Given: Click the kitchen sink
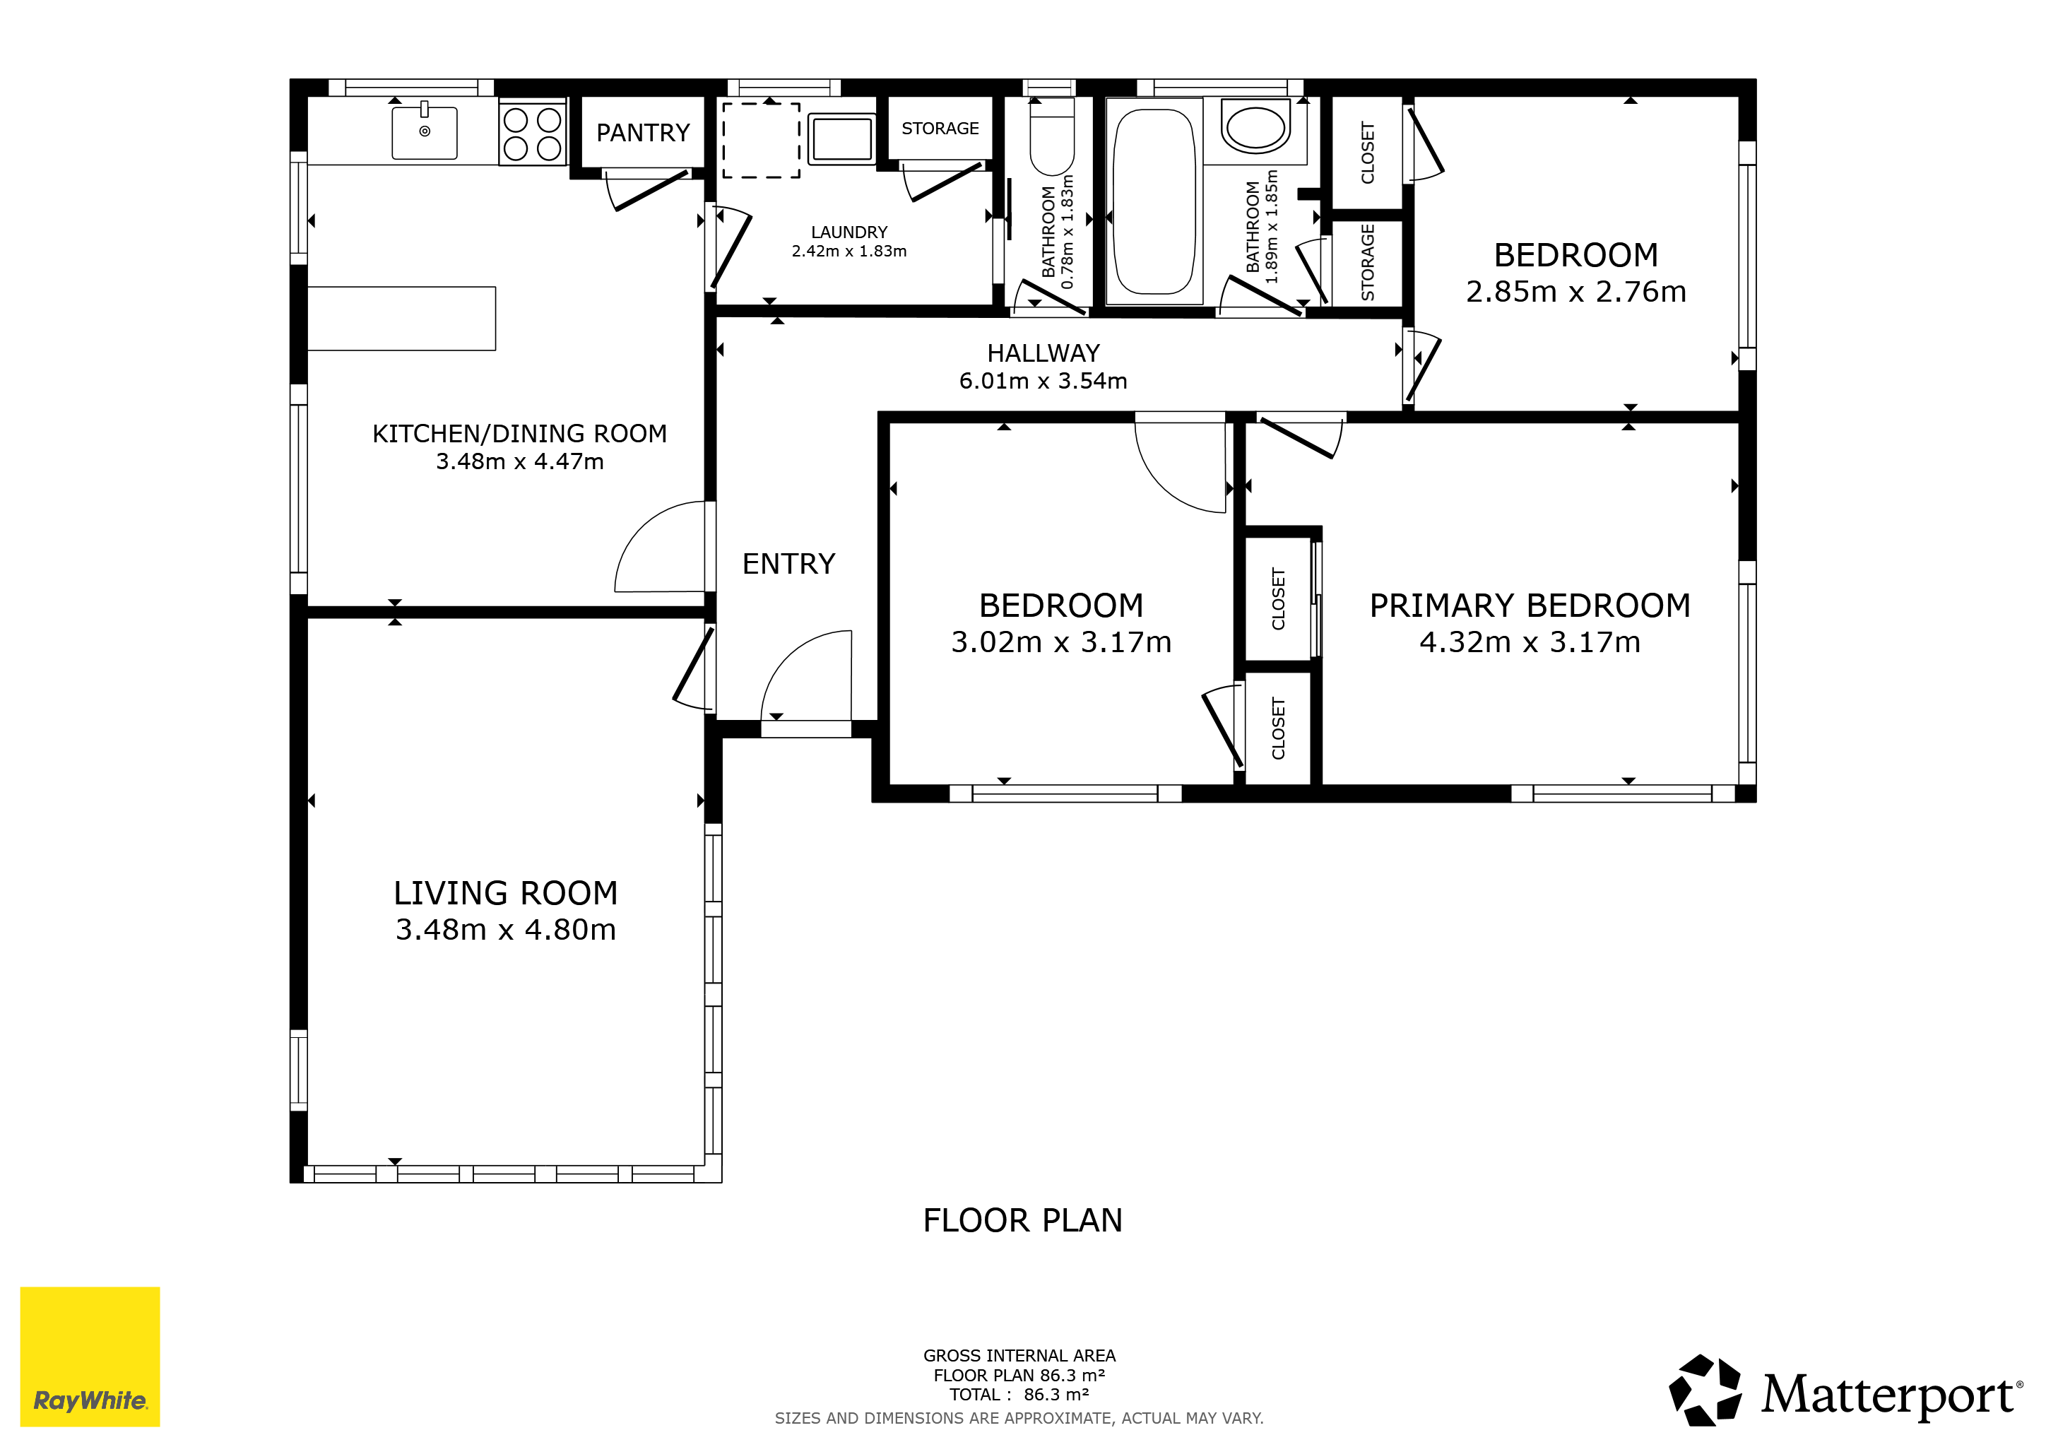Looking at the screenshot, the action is click(424, 132).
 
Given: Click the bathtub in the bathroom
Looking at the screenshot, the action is click(1154, 201).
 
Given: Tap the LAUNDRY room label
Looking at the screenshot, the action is click(848, 232).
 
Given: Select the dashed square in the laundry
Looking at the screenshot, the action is click(761, 140).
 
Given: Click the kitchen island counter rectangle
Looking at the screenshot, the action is click(401, 318).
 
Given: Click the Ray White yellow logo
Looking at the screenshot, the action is click(90, 1356).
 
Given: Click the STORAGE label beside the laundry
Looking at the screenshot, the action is click(940, 129).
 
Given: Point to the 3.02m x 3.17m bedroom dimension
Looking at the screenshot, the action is click(1060, 642).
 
